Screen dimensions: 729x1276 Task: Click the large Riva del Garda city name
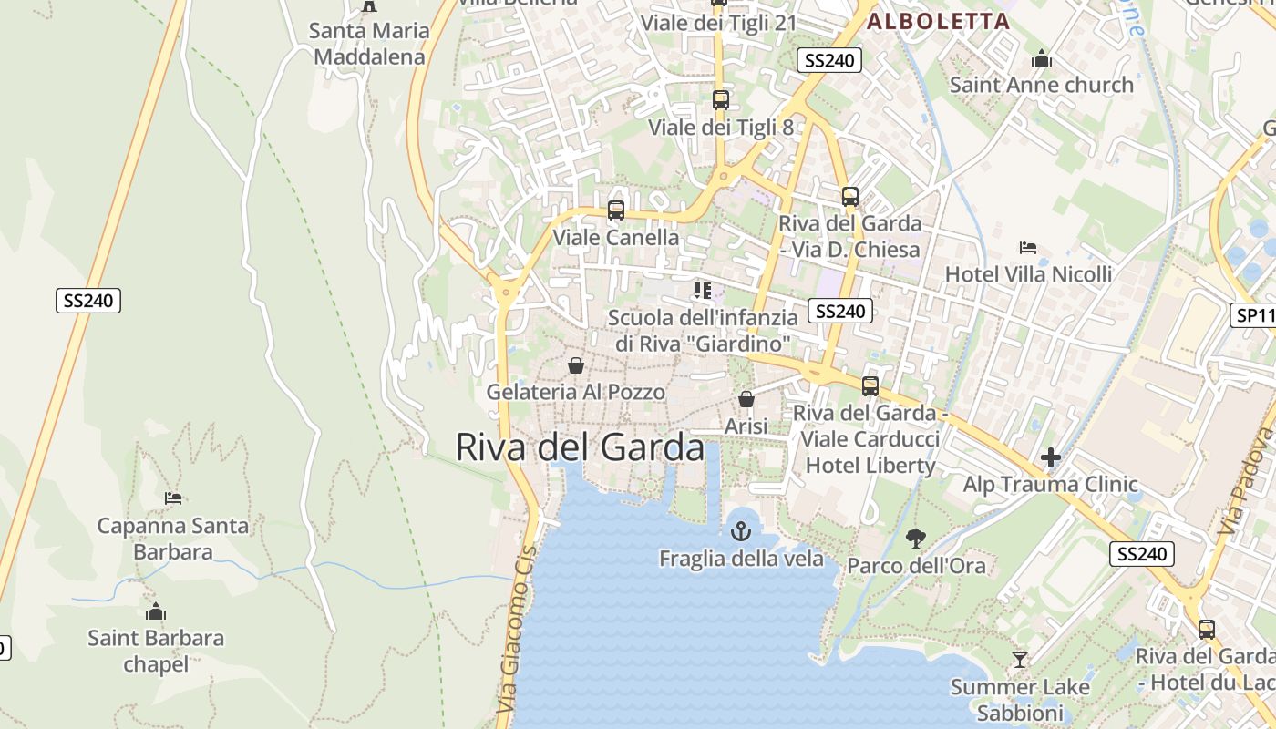(580, 447)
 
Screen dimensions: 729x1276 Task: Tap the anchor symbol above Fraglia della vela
(741, 531)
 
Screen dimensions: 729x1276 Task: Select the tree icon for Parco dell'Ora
(916, 539)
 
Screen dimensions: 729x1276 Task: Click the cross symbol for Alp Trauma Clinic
(1051, 457)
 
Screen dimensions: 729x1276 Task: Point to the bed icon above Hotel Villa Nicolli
(1028, 248)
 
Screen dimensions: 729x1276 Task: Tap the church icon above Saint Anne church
(1042, 60)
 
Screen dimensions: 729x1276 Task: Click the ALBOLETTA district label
(938, 22)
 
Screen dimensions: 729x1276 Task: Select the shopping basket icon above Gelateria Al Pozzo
(576, 366)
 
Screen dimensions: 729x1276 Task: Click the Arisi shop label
(746, 426)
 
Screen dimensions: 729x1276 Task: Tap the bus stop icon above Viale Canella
(616, 210)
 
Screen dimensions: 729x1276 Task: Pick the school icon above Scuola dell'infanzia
(702, 291)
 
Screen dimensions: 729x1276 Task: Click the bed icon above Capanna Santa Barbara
(173, 498)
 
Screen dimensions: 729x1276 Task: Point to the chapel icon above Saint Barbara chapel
(156, 611)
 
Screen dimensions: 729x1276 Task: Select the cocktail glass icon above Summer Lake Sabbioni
(1020, 659)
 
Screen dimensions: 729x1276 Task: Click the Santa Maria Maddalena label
(369, 44)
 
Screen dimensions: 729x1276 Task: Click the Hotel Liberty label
(870, 466)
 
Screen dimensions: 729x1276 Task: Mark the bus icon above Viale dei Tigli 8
(721, 100)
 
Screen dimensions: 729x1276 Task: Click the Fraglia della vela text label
(741, 559)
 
